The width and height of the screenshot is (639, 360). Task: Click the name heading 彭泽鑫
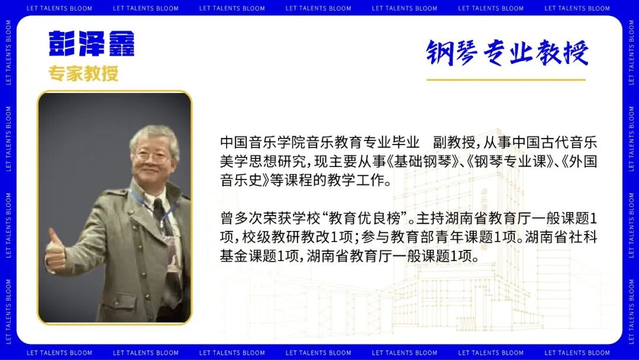coord(92,43)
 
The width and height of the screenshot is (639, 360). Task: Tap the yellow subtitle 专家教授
coord(83,73)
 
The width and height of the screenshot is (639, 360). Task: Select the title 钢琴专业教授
coord(507,53)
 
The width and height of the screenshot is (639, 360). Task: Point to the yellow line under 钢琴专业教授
coord(506,79)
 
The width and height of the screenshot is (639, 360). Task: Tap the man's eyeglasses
coord(153,157)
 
